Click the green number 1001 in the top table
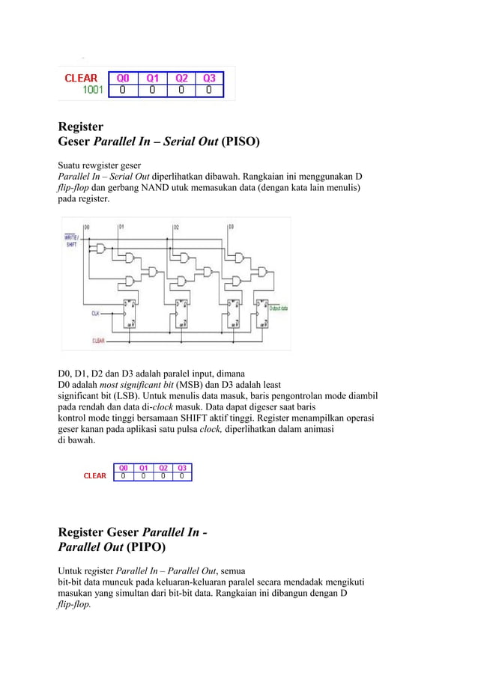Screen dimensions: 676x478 tap(94, 91)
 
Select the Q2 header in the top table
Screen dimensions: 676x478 tap(181, 77)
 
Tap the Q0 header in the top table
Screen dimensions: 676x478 tap(123, 77)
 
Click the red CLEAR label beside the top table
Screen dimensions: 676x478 tap(81, 78)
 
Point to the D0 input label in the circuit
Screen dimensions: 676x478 tap(86, 226)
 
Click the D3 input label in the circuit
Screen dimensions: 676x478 tap(231, 226)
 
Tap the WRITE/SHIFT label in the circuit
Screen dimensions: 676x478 tap(73, 240)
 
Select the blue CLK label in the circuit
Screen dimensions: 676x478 tap(95, 313)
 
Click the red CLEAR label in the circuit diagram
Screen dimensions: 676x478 tap(98, 341)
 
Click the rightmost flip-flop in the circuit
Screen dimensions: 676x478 tap(260, 314)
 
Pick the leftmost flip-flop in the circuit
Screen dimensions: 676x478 tap(130, 314)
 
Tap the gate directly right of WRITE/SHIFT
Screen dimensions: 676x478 tap(98, 246)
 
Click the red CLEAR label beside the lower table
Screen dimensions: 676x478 tap(94, 476)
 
